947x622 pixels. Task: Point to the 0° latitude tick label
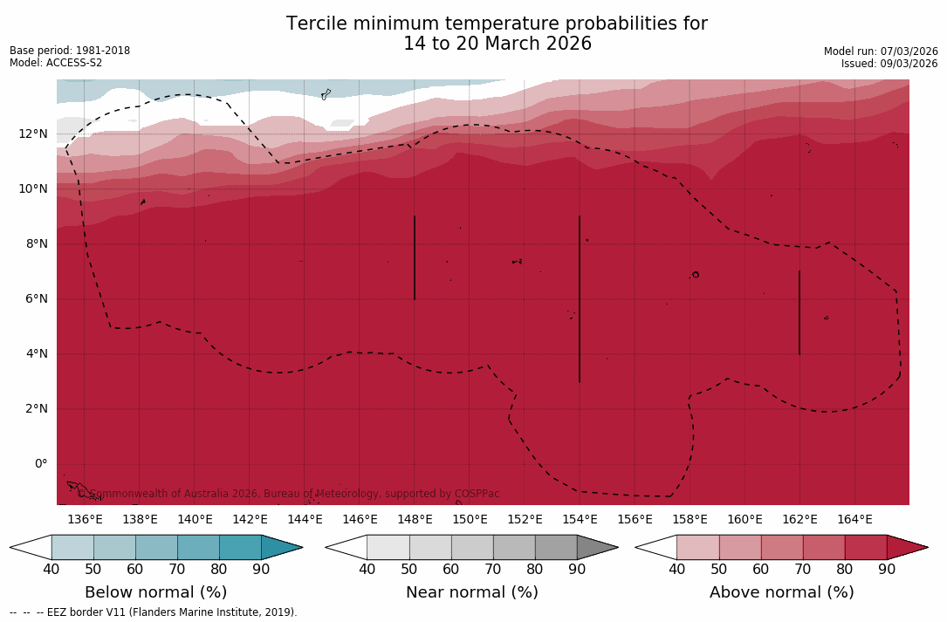click(x=41, y=463)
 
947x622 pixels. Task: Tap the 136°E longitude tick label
click(x=85, y=519)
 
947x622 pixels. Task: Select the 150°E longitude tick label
click(x=470, y=519)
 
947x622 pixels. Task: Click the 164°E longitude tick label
click(x=854, y=519)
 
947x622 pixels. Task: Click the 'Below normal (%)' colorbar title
click(x=155, y=592)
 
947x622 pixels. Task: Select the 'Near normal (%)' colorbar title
click(x=471, y=592)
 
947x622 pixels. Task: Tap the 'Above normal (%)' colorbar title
click(x=781, y=592)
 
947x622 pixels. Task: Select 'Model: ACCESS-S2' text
click(x=56, y=63)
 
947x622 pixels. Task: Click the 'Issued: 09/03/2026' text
click(x=889, y=64)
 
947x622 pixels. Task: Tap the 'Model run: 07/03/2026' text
click(x=881, y=51)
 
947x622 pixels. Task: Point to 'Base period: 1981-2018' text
click(x=70, y=51)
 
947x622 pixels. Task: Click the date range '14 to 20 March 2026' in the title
click(x=497, y=44)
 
